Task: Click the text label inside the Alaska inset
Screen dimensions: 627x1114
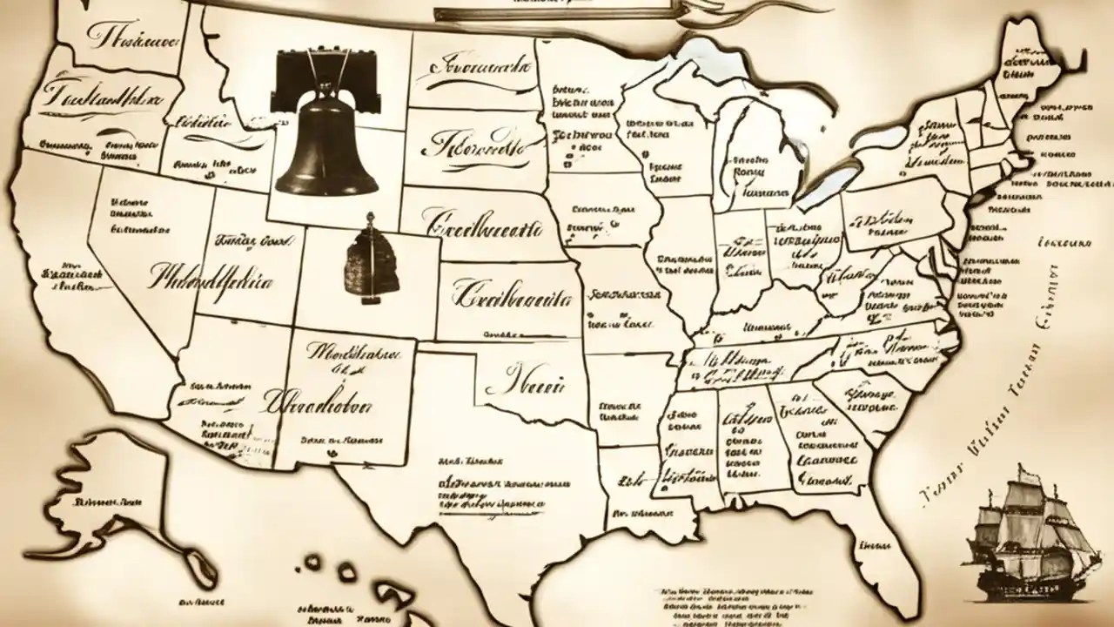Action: pos(109,502)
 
